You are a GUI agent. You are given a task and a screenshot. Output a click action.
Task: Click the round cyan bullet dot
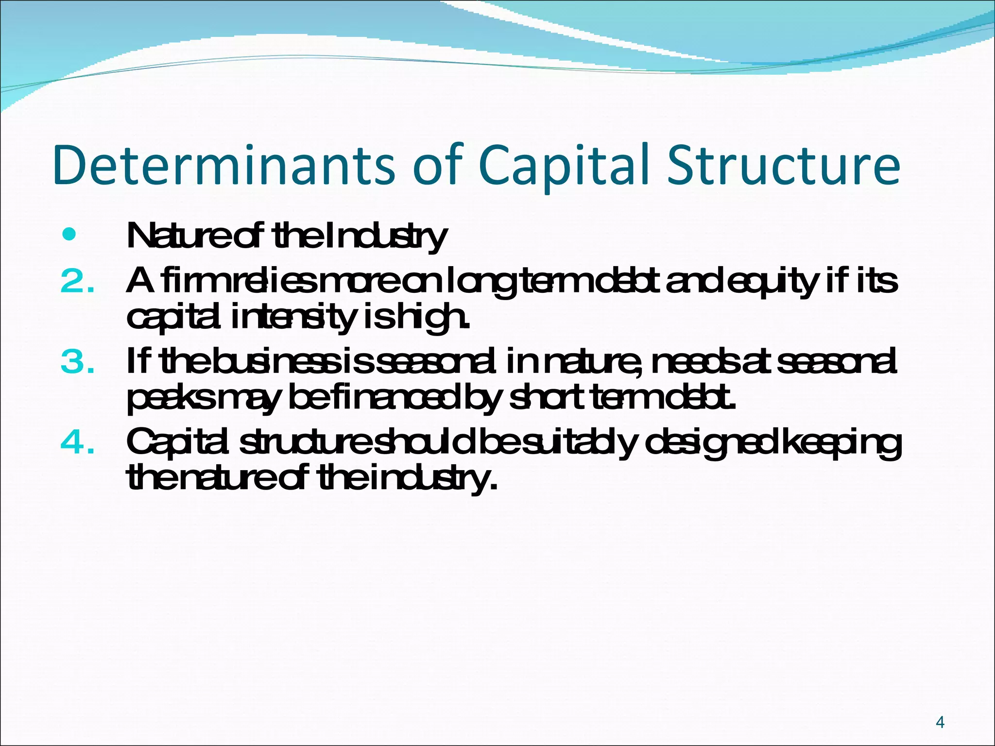[x=69, y=235]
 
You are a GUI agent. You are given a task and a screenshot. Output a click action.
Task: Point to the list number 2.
[x=77, y=281]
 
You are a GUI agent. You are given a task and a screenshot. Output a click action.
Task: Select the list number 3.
[x=77, y=362]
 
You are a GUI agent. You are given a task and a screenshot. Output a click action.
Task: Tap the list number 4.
[x=77, y=442]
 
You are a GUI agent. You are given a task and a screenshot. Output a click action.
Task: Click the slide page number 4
[x=940, y=722]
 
